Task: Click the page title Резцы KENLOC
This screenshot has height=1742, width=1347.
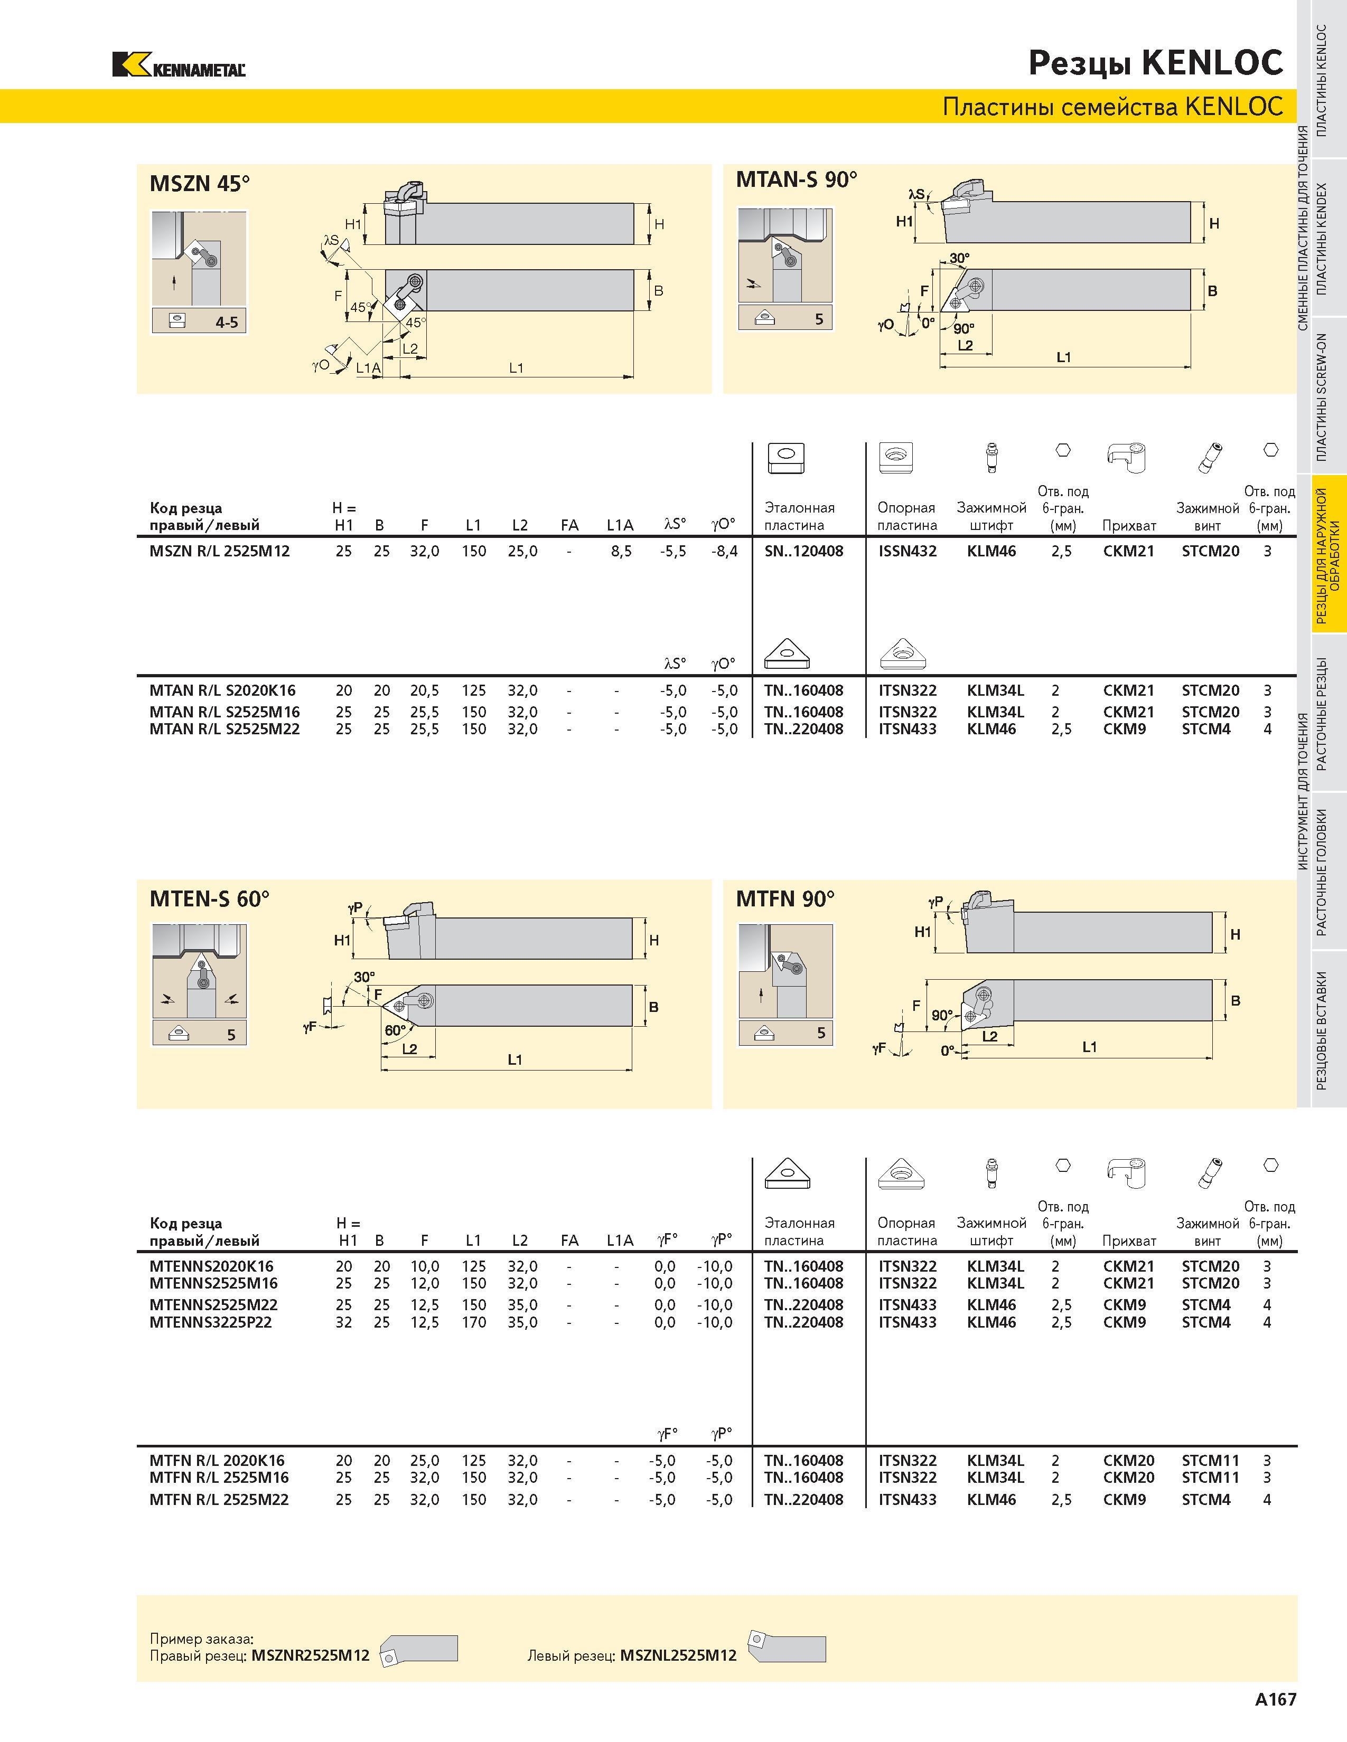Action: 1155,63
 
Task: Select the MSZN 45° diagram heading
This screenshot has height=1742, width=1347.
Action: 200,184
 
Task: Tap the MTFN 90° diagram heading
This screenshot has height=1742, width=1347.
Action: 785,899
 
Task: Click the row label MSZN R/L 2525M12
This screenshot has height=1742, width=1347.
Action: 219,551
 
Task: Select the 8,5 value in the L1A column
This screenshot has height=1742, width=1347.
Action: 621,551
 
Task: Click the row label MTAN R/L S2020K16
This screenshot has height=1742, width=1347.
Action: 222,691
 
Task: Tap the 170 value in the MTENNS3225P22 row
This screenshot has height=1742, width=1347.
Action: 474,1322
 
